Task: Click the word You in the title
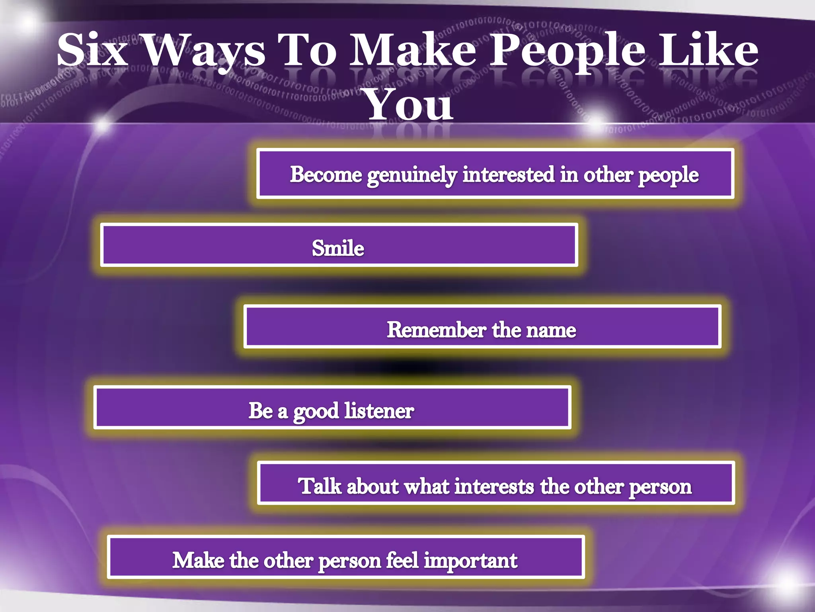(x=409, y=105)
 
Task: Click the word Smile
(x=338, y=248)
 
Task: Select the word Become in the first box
(x=326, y=174)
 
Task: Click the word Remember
(x=437, y=330)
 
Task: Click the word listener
(x=379, y=410)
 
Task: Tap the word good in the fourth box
(x=316, y=412)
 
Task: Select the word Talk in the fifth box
(x=320, y=486)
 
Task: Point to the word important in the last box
(x=470, y=561)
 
